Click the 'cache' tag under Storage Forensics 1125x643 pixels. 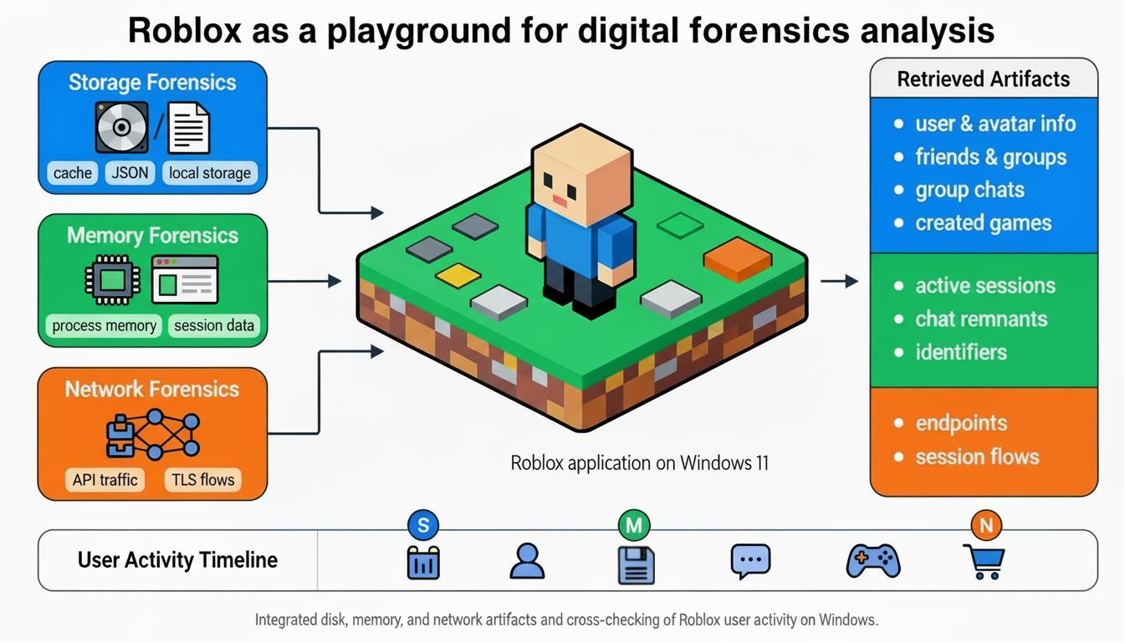click(72, 173)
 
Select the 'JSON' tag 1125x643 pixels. click(130, 173)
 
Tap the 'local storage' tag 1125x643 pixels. click(209, 173)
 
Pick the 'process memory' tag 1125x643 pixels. click(104, 325)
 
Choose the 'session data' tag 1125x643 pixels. click(214, 325)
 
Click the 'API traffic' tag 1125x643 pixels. click(104, 479)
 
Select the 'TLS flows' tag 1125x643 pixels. click(202, 479)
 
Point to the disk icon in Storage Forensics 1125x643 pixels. click(121, 127)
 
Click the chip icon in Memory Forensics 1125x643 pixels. click(112, 279)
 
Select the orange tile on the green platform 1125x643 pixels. click(737, 258)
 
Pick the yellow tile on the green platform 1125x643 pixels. click(458, 275)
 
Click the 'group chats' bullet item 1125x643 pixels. click(969, 190)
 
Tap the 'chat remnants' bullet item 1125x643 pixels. click(980, 319)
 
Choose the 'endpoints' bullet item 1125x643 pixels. click(961, 423)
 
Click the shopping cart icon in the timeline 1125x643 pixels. click(984, 561)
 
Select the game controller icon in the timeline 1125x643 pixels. click(873, 560)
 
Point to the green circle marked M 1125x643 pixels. click(634, 526)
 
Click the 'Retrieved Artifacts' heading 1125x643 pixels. click(983, 79)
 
